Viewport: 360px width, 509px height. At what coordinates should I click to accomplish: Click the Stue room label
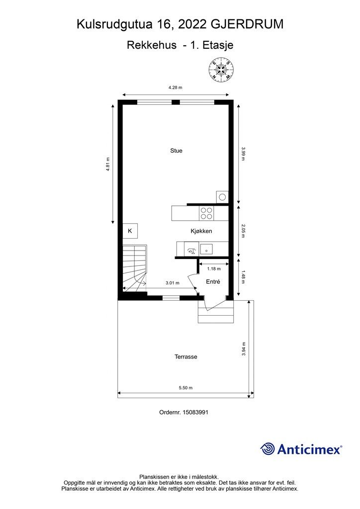pyautogui.click(x=176, y=151)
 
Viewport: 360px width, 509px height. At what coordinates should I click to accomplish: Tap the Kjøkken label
pyautogui.click(x=201, y=231)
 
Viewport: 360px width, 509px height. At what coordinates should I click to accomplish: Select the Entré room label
pyautogui.click(x=213, y=282)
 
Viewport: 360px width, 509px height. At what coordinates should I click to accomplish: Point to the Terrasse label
pyautogui.click(x=185, y=357)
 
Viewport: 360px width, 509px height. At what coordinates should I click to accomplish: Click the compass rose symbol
pyautogui.click(x=221, y=69)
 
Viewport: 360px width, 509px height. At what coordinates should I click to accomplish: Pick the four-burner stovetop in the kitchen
pyautogui.click(x=206, y=213)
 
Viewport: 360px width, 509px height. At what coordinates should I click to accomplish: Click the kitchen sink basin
pyautogui.click(x=206, y=250)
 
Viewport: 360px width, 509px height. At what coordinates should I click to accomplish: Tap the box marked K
pyautogui.click(x=130, y=231)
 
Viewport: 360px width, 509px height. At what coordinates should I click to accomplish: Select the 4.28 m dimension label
pyautogui.click(x=176, y=87)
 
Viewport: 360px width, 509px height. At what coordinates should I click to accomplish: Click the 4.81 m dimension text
pyautogui.click(x=108, y=164)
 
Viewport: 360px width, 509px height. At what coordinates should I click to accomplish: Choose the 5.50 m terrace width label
pyautogui.click(x=185, y=388)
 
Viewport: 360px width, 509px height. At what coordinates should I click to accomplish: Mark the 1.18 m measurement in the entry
pyautogui.click(x=214, y=269)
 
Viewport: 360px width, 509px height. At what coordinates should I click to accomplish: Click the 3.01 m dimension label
pyautogui.click(x=173, y=283)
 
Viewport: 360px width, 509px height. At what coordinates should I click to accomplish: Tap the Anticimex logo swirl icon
pyautogui.click(x=268, y=449)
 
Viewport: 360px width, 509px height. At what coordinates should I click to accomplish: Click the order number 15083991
pyautogui.click(x=196, y=412)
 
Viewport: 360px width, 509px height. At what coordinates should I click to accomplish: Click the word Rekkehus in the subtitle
pyautogui.click(x=152, y=45)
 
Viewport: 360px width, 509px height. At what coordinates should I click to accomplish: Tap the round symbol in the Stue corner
pyautogui.click(x=222, y=197)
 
